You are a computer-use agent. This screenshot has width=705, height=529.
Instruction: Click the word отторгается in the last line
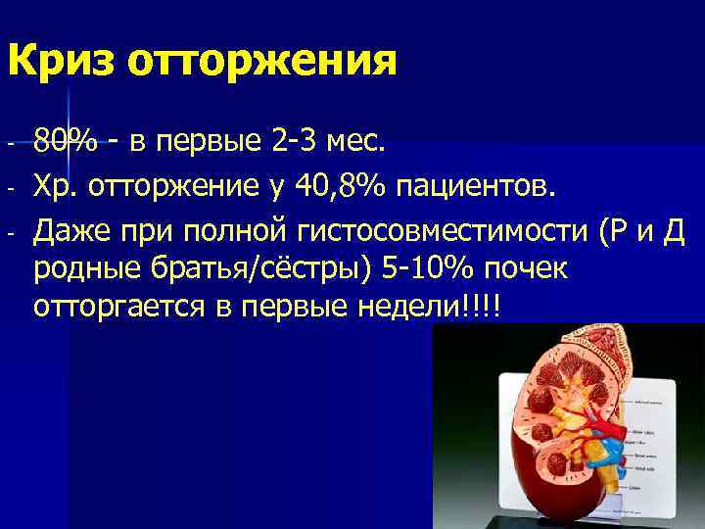click(x=117, y=308)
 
